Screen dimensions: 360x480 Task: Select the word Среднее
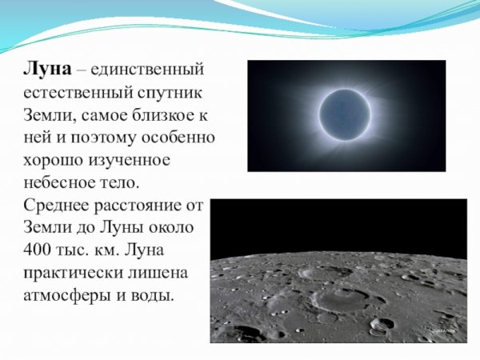click(x=54, y=204)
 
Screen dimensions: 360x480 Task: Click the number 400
click(x=37, y=249)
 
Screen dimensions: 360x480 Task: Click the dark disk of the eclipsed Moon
click(x=346, y=114)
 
